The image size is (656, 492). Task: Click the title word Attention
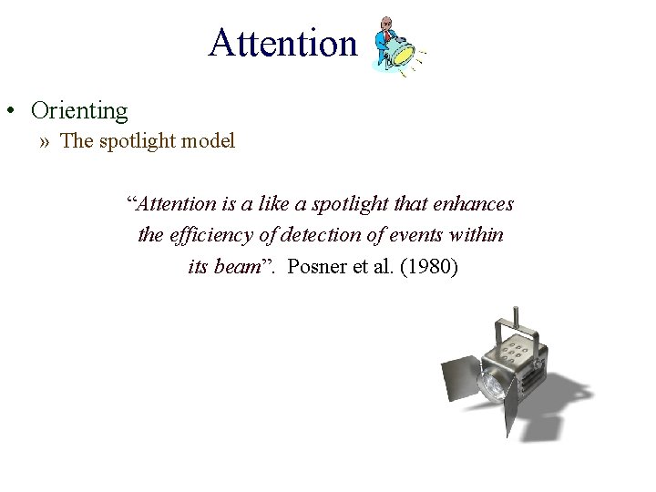click(x=282, y=42)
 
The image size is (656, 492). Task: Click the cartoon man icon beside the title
click(x=395, y=46)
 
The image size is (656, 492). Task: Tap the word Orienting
click(x=79, y=111)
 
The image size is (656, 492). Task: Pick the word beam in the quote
click(x=237, y=268)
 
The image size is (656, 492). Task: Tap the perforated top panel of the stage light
click(x=520, y=350)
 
